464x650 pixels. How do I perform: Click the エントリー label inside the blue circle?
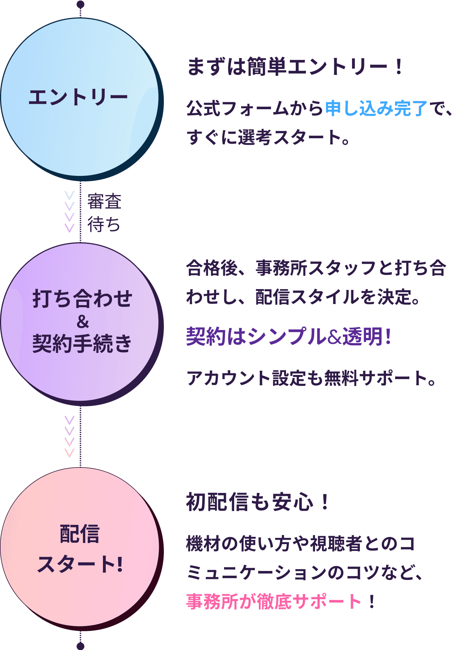[x=78, y=98]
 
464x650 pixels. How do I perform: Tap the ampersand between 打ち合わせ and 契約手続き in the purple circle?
[x=83, y=321]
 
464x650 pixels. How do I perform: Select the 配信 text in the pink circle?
[x=80, y=534]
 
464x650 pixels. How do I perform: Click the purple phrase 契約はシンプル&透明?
[x=289, y=336]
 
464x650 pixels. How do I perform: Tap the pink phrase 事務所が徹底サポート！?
[x=281, y=601]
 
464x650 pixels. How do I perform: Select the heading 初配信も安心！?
[x=257, y=502]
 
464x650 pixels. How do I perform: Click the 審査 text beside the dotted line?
[x=104, y=202]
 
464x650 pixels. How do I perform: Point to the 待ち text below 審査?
[x=104, y=224]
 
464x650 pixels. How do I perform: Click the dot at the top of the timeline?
[x=80, y=4]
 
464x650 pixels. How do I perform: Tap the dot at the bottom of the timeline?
[x=80, y=646]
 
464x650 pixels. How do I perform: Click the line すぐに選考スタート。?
[x=268, y=137]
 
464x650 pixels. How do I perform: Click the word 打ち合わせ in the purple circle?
[x=83, y=299]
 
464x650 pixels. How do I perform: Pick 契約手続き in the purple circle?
[x=83, y=343]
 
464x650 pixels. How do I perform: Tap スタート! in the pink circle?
[x=80, y=564]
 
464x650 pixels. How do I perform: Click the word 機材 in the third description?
[x=203, y=544]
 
